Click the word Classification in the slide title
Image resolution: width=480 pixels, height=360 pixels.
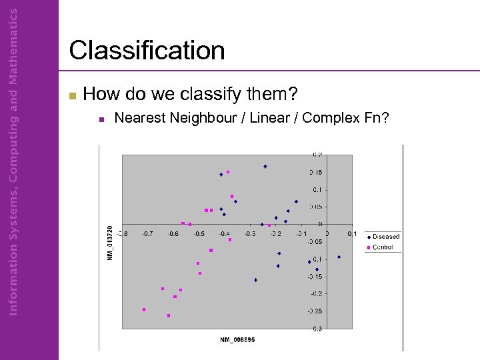(147, 51)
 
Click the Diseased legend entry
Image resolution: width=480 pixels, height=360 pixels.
(386, 237)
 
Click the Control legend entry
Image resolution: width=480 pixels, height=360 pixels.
(383, 247)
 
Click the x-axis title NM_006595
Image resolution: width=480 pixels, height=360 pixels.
(237, 339)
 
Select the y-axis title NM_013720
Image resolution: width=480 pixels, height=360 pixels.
(111, 243)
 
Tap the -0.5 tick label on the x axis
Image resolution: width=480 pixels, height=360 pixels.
(198, 234)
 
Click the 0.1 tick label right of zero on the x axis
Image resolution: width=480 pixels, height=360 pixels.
(351, 234)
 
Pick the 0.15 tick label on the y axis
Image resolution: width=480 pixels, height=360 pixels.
(314, 172)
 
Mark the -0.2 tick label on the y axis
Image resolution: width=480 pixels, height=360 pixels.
(314, 293)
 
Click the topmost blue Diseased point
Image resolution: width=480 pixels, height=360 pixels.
(265, 167)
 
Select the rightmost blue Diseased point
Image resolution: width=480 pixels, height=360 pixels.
(339, 257)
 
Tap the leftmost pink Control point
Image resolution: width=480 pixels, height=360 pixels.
(144, 309)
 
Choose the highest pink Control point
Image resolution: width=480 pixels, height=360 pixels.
(227, 172)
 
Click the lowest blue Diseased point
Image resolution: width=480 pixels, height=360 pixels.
(255, 280)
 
